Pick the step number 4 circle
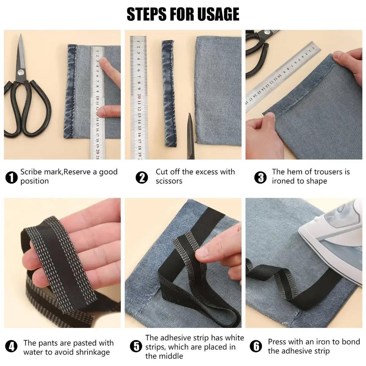pos(12,346)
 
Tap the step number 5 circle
pos(136,346)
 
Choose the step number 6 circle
pos(256,346)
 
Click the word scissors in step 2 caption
pos(169,181)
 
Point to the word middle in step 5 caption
pos(170,356)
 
